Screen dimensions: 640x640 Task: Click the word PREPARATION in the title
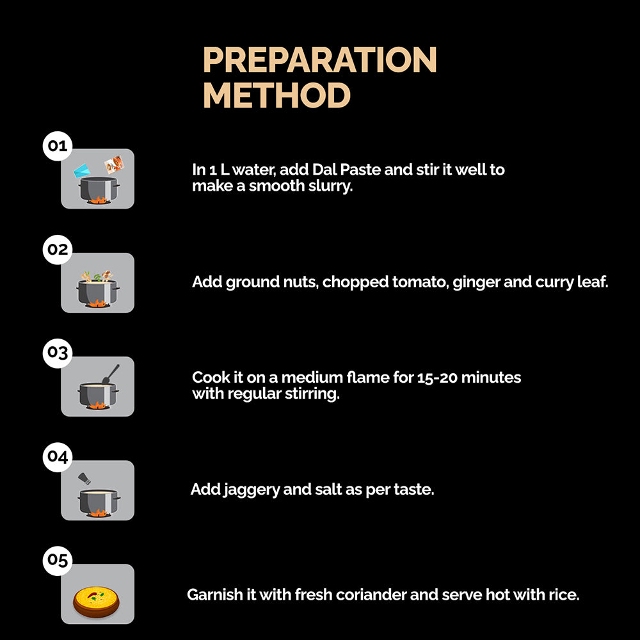coord(320,60)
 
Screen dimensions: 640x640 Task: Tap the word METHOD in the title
coord(276,95)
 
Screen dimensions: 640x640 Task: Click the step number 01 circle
coord(58,146)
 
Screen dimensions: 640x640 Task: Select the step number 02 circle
coord(58,250)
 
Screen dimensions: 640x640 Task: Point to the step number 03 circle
coord(58,353)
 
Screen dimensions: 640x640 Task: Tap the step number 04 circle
coord(58,457)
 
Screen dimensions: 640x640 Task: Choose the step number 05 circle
coord(58,561)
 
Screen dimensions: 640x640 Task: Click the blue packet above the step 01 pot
coord(82,170)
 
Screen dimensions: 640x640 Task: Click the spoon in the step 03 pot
coord(111,374)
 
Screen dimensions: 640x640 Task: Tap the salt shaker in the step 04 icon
coord(84,478)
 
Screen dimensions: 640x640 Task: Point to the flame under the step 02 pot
coord(97,303)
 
